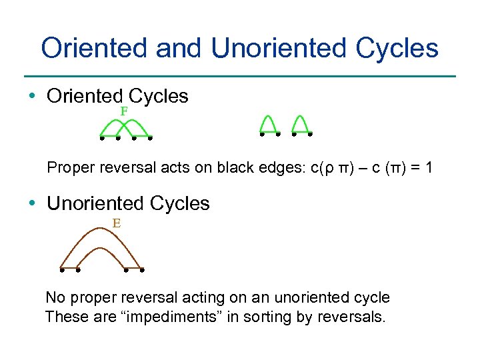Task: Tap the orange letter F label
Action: point(124,111)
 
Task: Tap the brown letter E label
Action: point(116,223)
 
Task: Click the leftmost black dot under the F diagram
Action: point(101,139)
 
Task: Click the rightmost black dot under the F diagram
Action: point(151,139)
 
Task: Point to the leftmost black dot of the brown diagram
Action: point(61,271)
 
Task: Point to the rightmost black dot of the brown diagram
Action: point(142,271)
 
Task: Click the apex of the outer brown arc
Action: point(101,229)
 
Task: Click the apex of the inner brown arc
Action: point(101,249)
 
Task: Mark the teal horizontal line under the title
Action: point(240,76)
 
